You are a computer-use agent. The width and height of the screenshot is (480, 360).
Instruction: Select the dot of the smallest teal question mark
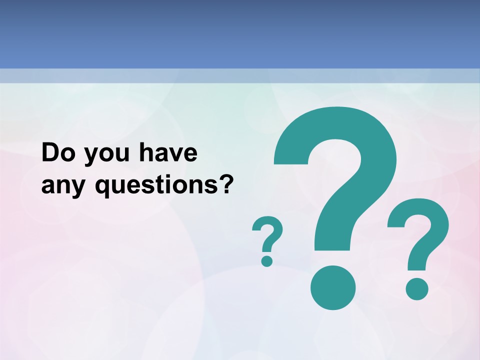[267, 260]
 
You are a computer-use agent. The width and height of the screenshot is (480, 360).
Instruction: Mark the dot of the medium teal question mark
[416, 288]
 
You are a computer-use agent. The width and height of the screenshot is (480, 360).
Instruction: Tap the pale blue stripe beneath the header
[240, 75]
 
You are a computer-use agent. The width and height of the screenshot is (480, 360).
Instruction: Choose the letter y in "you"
[89, 157]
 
